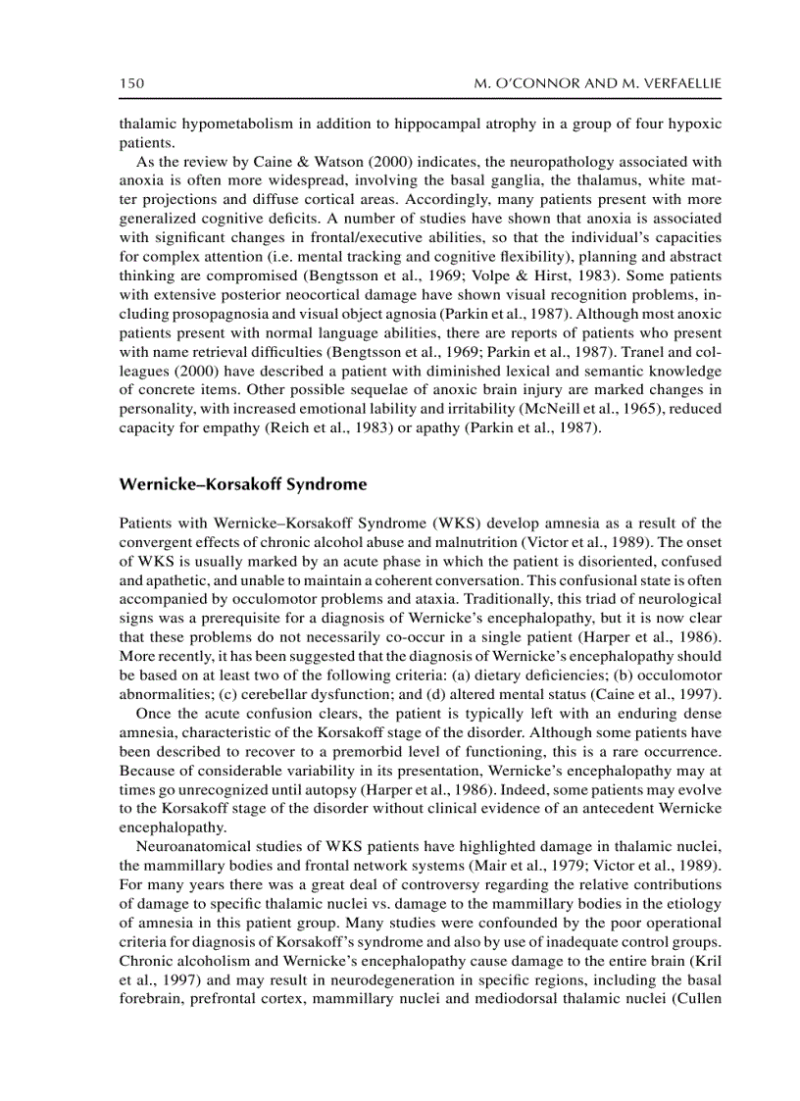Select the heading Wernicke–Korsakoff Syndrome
(243, 483)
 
